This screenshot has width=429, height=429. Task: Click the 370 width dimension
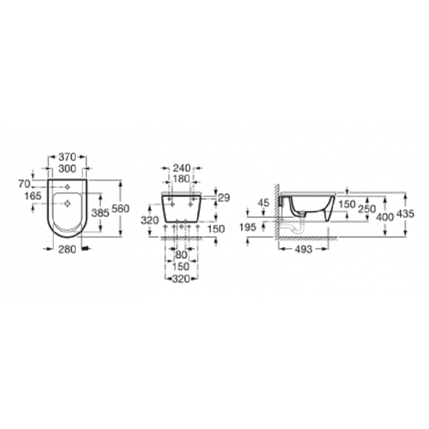(x=68, y=157)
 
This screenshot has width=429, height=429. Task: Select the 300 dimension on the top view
(x=68, y=169)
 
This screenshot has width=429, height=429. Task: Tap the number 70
(x=24, y=184)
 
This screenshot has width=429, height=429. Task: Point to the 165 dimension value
(x=33, y=196)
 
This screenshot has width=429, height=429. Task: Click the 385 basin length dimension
(x=100, y=212)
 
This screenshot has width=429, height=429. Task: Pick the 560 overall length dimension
(x=120, y=209)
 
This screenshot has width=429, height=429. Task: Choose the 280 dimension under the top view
(x=68, y=249)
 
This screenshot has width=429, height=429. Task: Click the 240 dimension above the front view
(x=182, y=168)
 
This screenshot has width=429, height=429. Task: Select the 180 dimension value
(x=181, y=179)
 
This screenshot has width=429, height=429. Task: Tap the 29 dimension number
(x=224, y=198)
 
